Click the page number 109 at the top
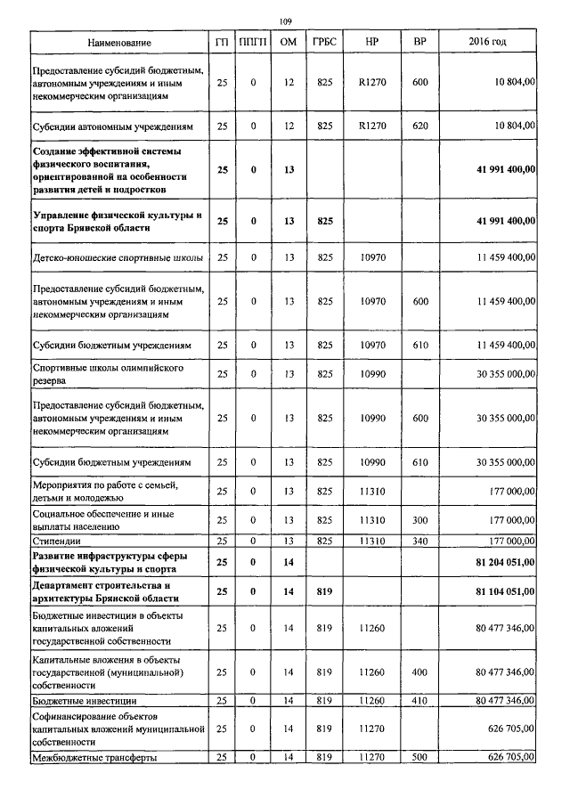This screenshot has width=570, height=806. [x=286, y=21]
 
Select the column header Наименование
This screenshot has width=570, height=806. [x=119, y=43]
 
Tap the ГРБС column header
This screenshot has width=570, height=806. [x=324, y=43]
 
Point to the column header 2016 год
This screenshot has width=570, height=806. [x=487, y=43]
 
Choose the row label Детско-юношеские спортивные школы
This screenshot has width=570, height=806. [x=117, y=258]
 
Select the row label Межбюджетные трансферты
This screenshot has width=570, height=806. [x=95, y=758]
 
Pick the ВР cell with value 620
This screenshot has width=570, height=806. [x=420, y=126]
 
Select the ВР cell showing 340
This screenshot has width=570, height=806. [x=420, y=541]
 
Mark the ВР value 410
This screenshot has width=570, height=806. [x=420, y=702]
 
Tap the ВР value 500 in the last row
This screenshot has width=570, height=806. [x=420, y=758]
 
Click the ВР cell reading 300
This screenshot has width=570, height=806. [x=420, y=519]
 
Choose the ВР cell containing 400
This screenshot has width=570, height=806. [x=420, y=672]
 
